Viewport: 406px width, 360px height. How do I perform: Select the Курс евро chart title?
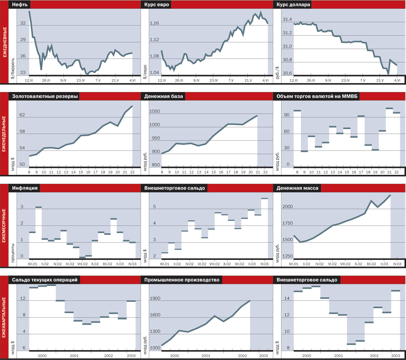coord(157,5)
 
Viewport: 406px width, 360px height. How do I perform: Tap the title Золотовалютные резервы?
coord(45,97)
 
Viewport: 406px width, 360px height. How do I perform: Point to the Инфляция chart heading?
coord(25,188)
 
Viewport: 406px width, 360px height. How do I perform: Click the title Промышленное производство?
coord(181,280)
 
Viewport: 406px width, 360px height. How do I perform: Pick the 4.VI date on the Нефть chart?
coord(133,81)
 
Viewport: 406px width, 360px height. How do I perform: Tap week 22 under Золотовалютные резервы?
coord(133,172)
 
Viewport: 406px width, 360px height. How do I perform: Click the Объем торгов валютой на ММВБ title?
coord(316,97)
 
